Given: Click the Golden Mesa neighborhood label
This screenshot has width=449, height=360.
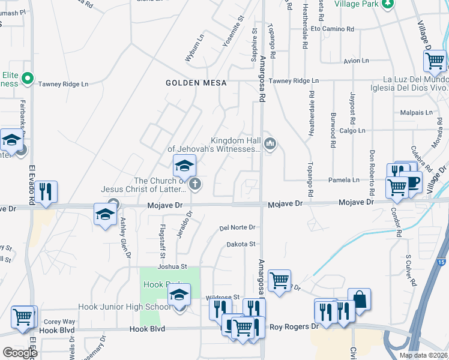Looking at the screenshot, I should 196,83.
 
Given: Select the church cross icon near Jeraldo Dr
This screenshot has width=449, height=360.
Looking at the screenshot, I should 194,185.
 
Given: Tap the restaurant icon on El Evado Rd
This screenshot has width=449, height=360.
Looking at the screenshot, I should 46,191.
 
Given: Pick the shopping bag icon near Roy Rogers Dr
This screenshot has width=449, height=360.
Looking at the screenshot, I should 359,299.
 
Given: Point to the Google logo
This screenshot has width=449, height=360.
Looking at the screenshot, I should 20,353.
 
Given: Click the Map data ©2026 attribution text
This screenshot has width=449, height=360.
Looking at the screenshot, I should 423,355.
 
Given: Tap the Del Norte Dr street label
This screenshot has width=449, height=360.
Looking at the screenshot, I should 238,227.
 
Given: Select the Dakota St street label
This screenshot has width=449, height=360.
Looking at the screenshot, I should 241,244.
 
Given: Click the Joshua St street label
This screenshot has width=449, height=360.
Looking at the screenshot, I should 172,266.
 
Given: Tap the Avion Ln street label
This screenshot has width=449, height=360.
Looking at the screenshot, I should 357,61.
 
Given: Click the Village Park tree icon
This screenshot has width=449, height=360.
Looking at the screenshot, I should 388,4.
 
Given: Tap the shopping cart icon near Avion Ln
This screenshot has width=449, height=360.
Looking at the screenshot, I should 435,61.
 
